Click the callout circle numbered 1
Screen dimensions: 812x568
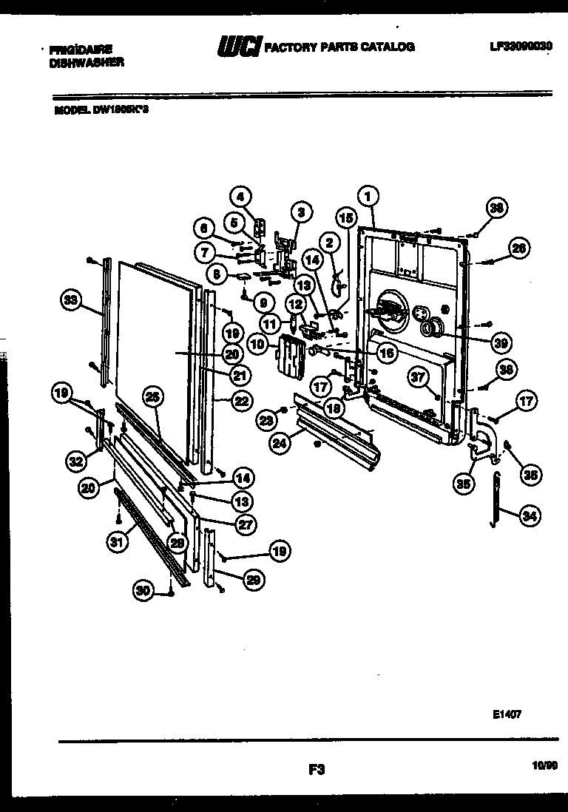368,196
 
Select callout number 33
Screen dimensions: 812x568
70,300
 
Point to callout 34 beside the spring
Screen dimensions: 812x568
528,517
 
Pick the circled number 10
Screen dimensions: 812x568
258,344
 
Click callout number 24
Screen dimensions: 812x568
280,444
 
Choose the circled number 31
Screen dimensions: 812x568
115,542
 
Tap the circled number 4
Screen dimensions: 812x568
239,197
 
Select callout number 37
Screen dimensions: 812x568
419,378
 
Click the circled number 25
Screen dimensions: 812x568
152,397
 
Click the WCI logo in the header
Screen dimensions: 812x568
238,47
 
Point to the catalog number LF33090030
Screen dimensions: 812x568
521,46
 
